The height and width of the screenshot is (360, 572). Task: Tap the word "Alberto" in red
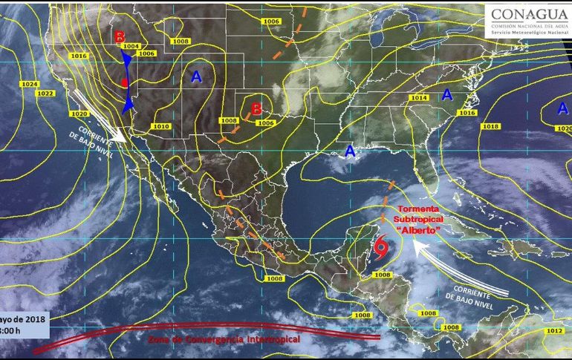(x=418, y=230)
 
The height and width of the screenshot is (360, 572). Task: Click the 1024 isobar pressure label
(x=29, y=84)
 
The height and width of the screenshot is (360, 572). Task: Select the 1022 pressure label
(x=46, y=93)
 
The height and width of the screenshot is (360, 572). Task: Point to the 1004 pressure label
(x=131, y=46)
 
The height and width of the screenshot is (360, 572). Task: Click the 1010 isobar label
(x=160, y=126)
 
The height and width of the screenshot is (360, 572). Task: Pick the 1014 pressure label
(x=420, y=98)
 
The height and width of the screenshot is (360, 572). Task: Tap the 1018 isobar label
(x=490, y=127)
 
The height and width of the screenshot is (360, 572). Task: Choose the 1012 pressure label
(x=554, y=330)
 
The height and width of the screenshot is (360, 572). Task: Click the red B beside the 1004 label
(x=120, y=38)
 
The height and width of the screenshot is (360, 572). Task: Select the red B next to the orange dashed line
(x=256, y=108)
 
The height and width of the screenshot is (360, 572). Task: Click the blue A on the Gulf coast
(x=349, y=151)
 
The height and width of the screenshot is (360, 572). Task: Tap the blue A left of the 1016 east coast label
(x=447, y=94)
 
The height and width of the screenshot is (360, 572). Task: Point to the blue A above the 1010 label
(x=196, y=76)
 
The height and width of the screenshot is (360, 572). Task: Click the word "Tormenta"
(x=418, y=209)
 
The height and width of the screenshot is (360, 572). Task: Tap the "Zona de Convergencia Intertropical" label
(x=223, y=338)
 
